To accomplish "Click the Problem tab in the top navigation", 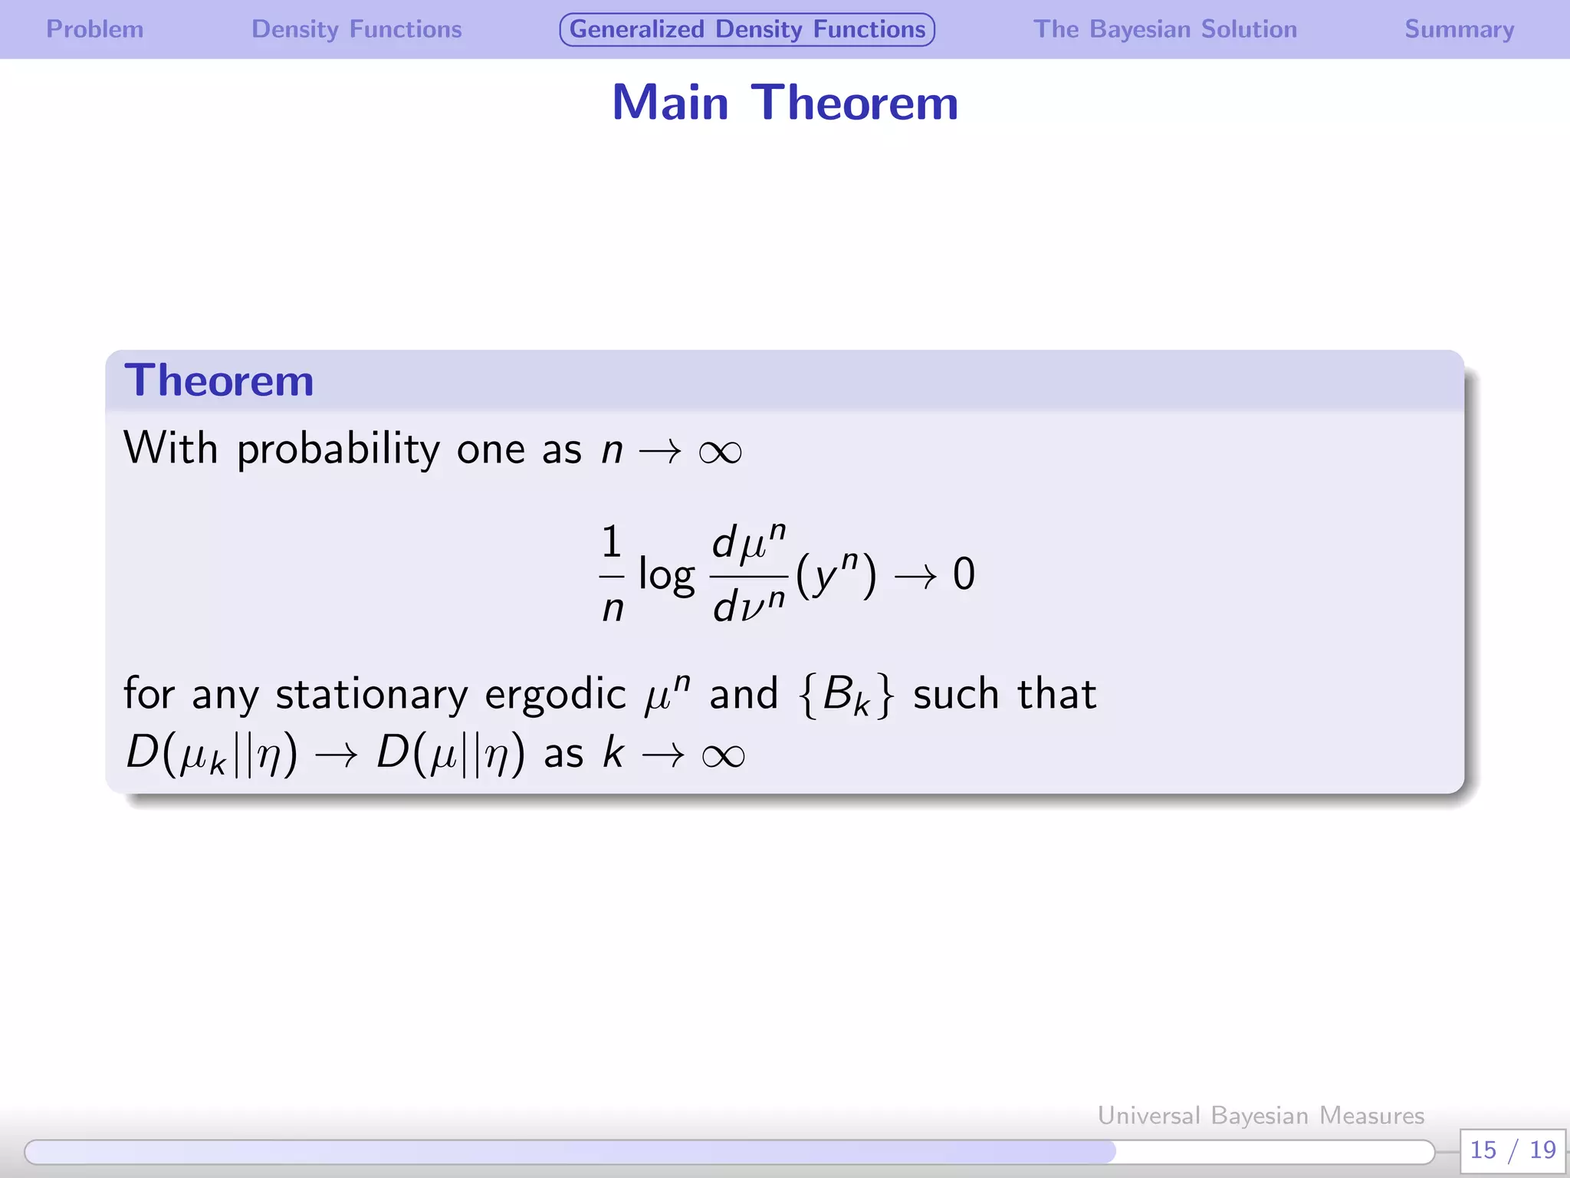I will click(95, 29).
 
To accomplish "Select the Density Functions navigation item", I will click(356, 29).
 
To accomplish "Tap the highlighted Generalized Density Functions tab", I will click(747, 29).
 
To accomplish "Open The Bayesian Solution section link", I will click(1164, 29).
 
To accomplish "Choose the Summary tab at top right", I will click(1459, 29).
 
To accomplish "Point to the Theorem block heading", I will click(219, 380).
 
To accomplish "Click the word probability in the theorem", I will click(337, 449).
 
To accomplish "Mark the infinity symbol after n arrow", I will click(720, 452).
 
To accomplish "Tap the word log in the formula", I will click(666, 575).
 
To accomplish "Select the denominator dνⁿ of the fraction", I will click(748, 605).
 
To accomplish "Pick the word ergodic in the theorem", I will click(555, 695).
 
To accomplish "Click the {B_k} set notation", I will click(846, 695).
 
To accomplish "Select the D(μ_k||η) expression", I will click(212, 753).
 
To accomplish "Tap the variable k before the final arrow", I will click(613, 753).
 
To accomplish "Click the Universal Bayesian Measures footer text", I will click(1260, 1115).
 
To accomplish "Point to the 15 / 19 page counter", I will click(1512, 1150).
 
